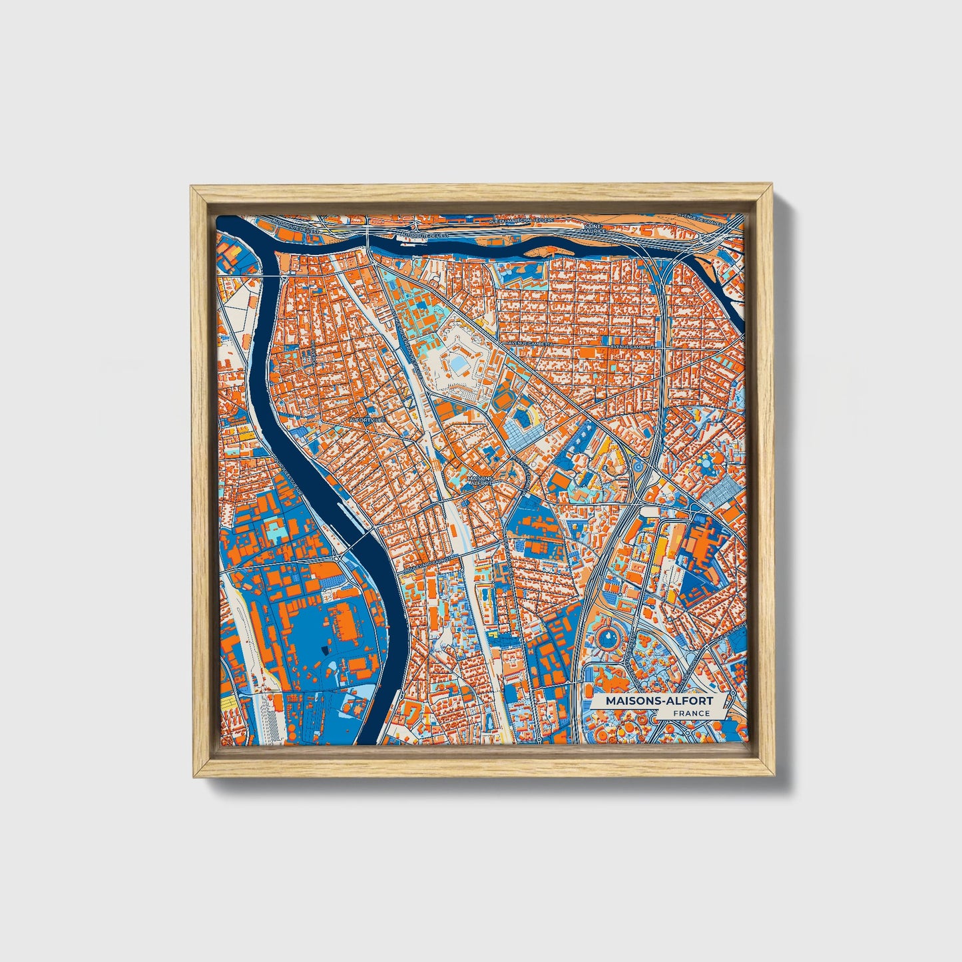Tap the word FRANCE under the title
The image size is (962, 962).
[690, 714]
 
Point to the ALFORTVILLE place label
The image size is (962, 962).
[367, 421]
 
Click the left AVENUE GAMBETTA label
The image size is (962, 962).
[530, 343]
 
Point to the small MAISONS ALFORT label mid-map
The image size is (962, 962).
[480, 480]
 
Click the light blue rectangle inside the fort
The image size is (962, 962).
[459, 363]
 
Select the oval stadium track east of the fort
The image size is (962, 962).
[523, 419]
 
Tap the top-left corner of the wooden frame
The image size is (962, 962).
[193, 188]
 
